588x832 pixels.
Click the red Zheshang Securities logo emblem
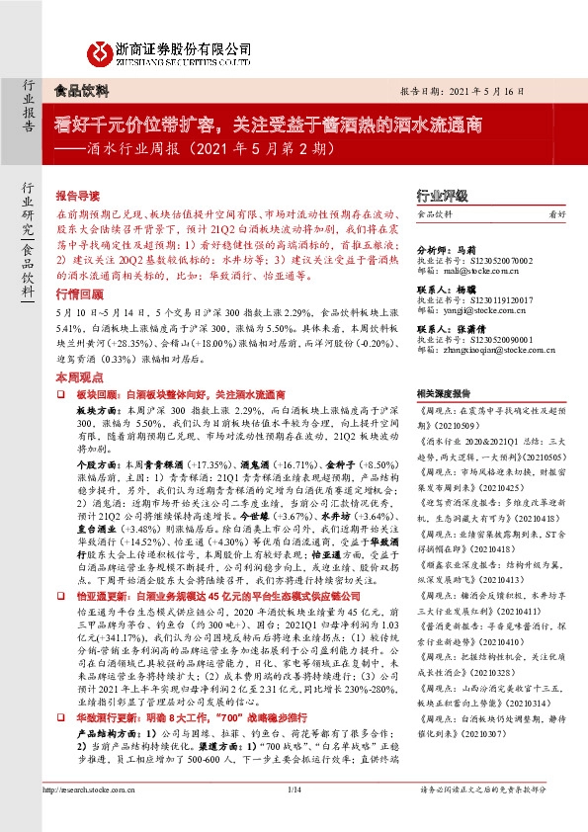[99, 51]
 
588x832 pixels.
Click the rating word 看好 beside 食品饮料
[556, 213]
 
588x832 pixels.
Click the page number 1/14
[294, 790]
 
